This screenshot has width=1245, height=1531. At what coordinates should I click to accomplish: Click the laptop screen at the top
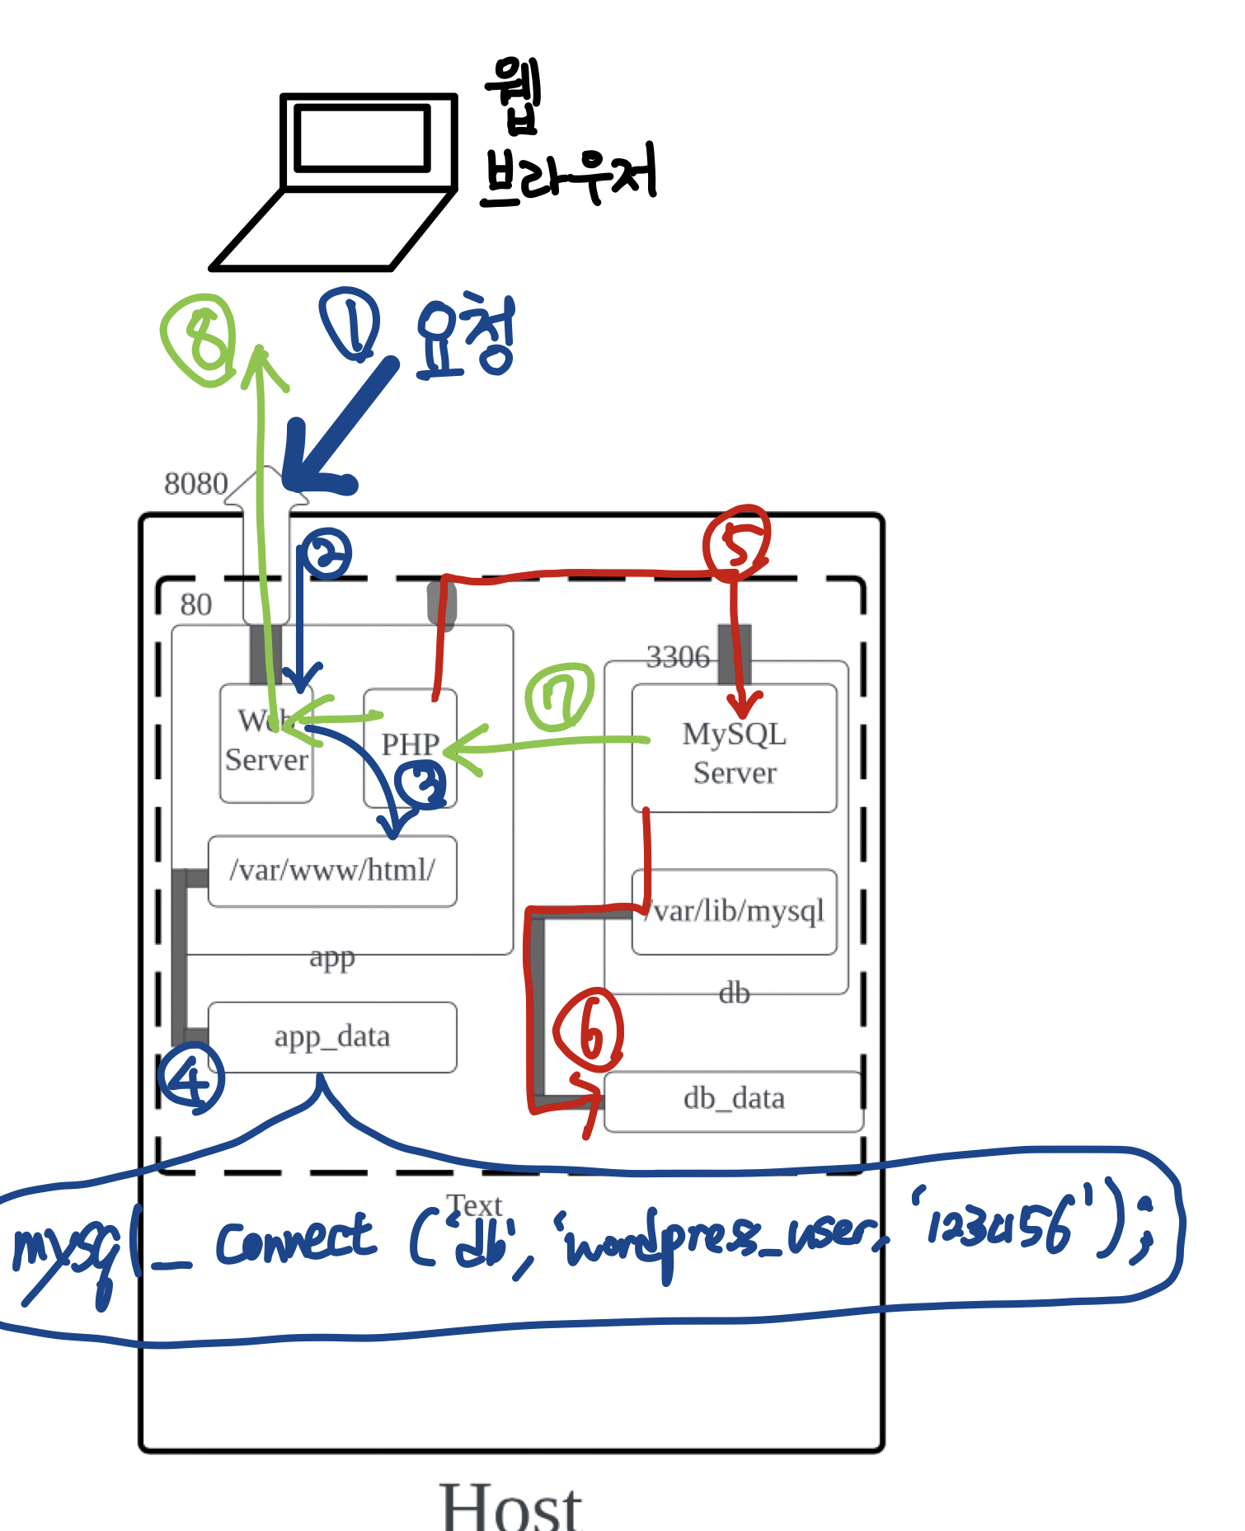coord(363,138)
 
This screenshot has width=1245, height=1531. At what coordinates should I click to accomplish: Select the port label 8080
coord(195,484)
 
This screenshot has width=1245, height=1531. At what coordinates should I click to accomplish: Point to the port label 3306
coord(677,657)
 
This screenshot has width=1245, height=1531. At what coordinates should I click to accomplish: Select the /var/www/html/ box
coord(332,871)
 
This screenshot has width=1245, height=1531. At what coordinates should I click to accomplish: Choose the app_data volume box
coord(332,1036)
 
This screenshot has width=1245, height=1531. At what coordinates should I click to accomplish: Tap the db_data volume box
coord(734,1099)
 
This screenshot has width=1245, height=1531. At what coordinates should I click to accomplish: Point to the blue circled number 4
coord(191,1078)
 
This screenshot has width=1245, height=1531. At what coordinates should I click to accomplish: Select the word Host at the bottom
coord(511,1506)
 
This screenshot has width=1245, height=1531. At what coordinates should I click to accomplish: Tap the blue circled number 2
coord(326,553)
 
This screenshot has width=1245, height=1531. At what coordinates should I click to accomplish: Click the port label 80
coord(196,604)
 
